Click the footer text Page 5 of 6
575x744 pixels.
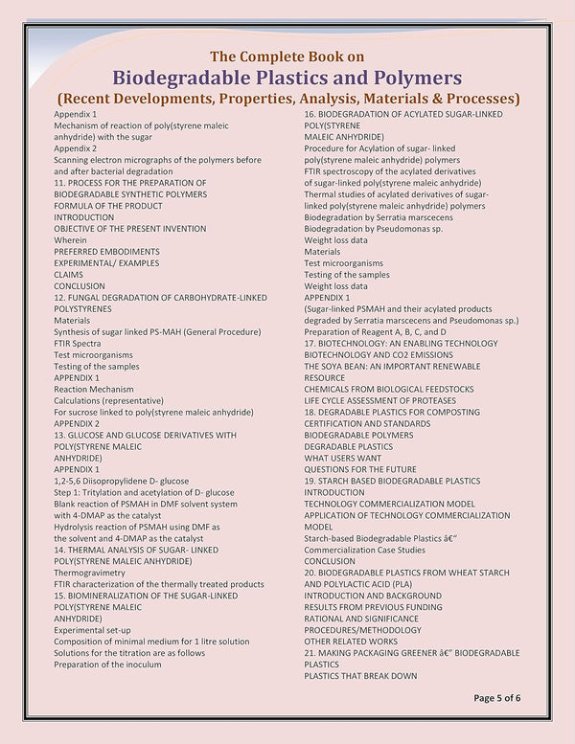point(496,698)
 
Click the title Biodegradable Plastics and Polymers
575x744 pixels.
point(287,77)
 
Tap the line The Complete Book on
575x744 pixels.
point(287,55)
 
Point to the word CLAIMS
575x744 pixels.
point(68,275)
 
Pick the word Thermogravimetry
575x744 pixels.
point(89,573)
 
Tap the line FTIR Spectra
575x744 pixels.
point(77,343)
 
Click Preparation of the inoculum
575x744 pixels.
point(107,665)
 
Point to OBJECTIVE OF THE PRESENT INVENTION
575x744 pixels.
point(129,229)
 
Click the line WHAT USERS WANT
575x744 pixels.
point(342,458)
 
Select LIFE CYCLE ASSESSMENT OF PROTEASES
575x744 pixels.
point(378,400)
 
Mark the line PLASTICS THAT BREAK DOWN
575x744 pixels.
point(360,676)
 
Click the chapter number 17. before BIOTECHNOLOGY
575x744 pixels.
point(310,343)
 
